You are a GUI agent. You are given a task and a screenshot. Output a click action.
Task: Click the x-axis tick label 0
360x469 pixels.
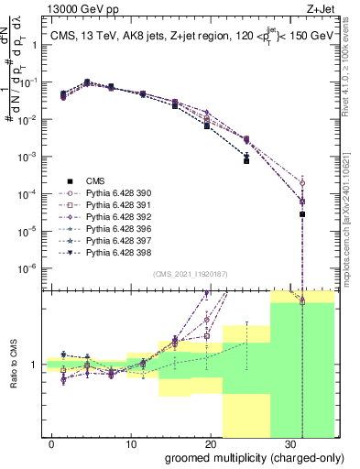click(51, 442)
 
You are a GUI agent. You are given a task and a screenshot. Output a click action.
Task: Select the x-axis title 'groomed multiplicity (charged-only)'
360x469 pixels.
click(242, 457)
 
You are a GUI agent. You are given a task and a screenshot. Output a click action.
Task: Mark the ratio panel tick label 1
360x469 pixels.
click(35, 365)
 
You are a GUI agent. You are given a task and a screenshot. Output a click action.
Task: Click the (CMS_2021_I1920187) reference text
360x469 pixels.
click(190, 273)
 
